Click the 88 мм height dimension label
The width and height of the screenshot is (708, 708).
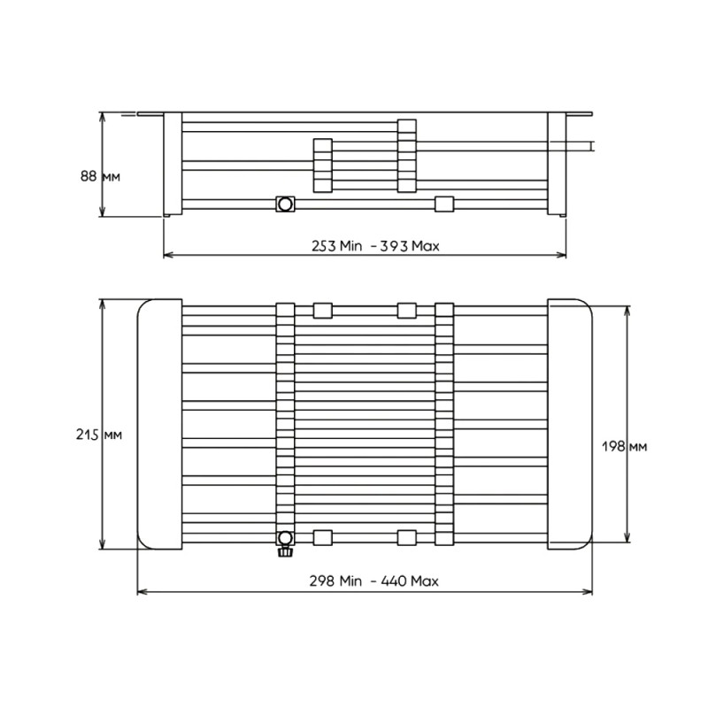pyautogui.click(x=100, y=176)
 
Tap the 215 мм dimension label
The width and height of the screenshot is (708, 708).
pyautogui.click(x=99, y=435)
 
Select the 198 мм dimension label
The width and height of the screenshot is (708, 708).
pyautogui.click(x=625, y=447)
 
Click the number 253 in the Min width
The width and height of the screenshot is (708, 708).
pyautogui.click(x=324, y=246)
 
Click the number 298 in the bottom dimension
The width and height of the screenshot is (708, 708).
pyautogui.click(x=322, y=581)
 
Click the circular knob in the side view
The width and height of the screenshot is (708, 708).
pyautogui.click(x=285, y=204)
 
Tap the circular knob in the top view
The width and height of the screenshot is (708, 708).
pyautogui.click(x=285, y=537)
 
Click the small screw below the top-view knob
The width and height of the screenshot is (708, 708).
pyautogui.click(x=285, y=551)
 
